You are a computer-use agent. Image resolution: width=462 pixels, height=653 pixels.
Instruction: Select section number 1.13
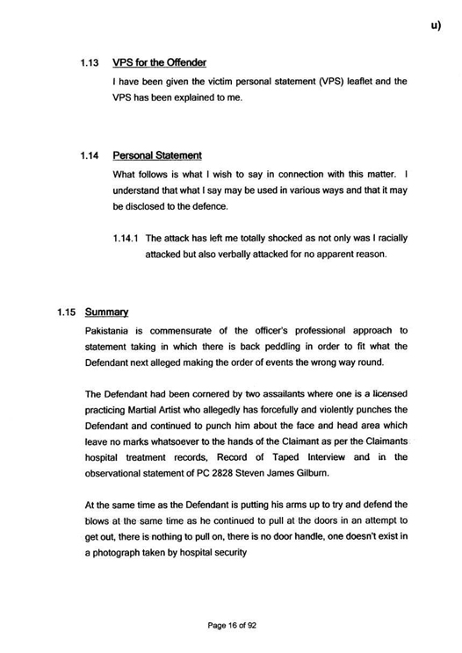(x=90, y=63)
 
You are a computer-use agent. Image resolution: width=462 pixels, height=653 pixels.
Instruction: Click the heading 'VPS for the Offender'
(x=160, y=63)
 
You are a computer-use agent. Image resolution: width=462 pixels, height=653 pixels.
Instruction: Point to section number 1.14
(x=90, y=155)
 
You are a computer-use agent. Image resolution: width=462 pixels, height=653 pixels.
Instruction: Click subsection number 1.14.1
(x=127, y=238)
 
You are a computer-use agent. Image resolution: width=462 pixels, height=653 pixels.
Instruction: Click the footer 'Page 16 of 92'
(x=231, y=625)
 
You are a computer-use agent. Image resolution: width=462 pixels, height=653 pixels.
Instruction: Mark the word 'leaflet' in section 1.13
(x=356, y=82)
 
